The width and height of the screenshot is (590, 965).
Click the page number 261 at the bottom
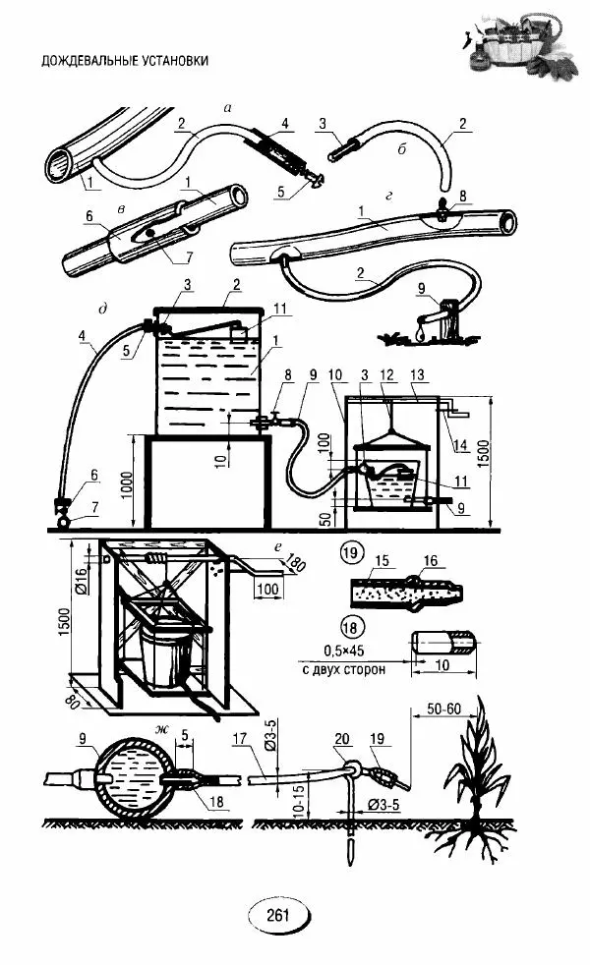tap(277, 915)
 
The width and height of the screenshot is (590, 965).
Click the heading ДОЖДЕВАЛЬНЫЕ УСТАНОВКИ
tap(125, 60)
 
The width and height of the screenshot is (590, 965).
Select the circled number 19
tap(350, 552)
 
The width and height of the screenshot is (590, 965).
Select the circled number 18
tap(350, 628)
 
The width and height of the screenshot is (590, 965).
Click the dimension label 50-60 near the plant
tap(443, 709)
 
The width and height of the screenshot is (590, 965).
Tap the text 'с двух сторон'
tap(343, 668)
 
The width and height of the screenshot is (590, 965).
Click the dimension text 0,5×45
tap(343, 650)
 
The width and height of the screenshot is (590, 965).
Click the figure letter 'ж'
tap(162, 730)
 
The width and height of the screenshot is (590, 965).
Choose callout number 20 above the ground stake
tap(341, 739)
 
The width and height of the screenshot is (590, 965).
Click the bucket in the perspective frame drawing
tap(163, 655)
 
